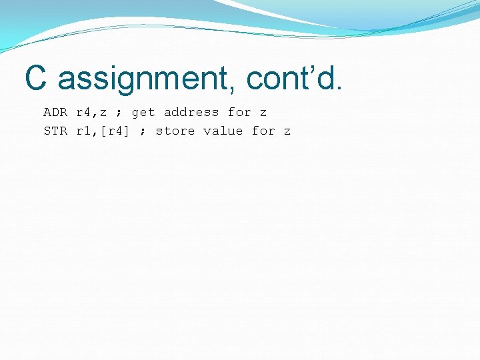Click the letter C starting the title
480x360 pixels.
coord(37,78)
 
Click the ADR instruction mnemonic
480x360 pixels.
coord(55,113)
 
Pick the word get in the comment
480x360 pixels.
coord(143,113)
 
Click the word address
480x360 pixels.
coord(191,113)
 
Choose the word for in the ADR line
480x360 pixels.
coord(239,113)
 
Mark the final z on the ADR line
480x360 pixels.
coord(263,113)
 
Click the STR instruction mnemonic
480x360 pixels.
coord(55,131)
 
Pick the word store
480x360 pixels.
coord(175,131)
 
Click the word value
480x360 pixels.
coord(223,131)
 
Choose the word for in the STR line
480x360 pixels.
coord(263,131)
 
